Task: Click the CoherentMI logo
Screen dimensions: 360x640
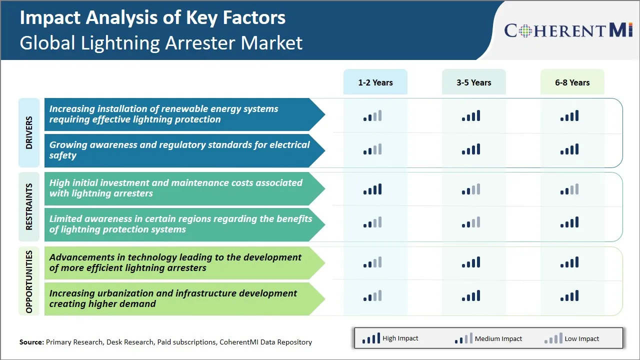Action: tap(568, 30)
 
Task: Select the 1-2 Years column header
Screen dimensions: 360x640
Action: tap(375, 82)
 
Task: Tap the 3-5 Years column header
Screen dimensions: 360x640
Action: tap(473, 82)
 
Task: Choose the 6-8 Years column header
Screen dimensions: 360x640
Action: tap(572, 82)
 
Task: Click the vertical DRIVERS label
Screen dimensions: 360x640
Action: tap(29, 132)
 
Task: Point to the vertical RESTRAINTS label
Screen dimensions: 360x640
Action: tap(29, 206)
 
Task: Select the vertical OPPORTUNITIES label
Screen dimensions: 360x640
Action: tap(29, 281)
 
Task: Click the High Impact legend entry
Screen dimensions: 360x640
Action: tap(390, 338)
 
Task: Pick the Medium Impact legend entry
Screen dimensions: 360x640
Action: tap(488, 338)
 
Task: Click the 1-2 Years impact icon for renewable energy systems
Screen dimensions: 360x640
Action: tap(372, 116)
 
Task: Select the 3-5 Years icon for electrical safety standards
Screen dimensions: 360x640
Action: tap(471, 149)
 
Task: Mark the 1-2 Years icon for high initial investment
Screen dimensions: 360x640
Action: tap(372, 189)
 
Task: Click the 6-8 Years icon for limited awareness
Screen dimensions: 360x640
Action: tap(569, 222)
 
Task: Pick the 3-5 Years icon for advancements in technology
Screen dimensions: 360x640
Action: tap(471, 262)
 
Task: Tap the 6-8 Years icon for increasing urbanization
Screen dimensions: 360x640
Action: tap(569, 295)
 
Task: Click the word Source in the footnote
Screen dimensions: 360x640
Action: tap(31, 342)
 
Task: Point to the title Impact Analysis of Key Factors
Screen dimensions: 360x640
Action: tap(152, 17)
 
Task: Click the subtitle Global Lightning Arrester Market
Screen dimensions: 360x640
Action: tap(161, 42)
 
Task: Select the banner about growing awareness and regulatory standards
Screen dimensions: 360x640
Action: tap(180, 150)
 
